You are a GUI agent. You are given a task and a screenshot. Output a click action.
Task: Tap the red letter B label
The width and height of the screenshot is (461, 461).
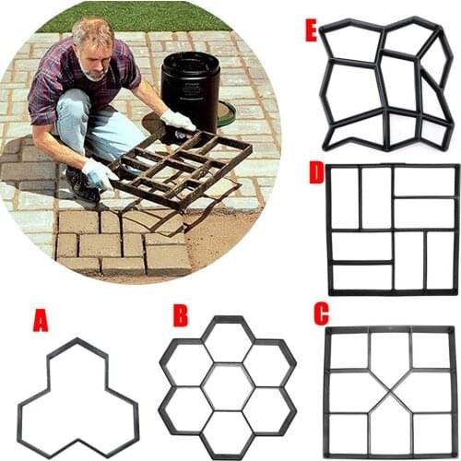coord(180,315)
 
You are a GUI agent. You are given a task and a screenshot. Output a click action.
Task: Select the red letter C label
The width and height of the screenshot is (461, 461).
coord(321,313)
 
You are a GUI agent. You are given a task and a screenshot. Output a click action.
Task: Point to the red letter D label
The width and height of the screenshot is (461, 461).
coord(316,171)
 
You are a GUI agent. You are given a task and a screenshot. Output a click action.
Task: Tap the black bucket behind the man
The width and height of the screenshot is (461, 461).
coord(190,88)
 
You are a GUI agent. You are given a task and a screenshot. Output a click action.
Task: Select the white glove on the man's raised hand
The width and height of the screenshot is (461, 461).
coord(178,120)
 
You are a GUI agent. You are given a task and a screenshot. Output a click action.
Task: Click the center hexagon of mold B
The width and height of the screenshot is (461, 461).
coord(228,387)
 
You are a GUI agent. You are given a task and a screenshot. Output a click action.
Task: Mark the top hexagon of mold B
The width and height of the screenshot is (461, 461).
coord(228,342)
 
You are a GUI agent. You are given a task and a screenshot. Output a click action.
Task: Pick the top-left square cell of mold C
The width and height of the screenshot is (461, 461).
coord(349,351)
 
